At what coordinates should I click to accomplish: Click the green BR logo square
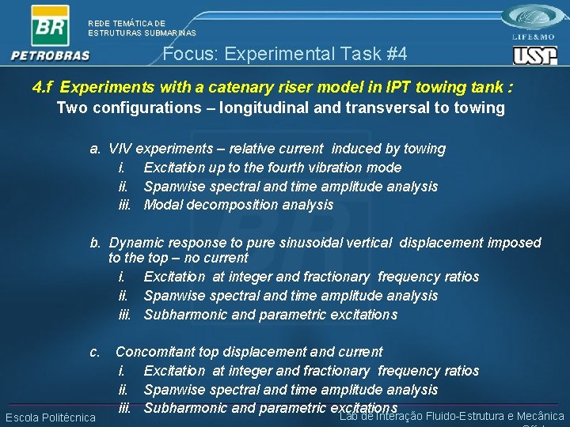coord(50,25)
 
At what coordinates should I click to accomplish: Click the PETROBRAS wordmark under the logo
coord(51,56)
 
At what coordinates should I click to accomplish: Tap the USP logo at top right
coord(534,55)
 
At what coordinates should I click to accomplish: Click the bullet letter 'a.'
coord(94,149)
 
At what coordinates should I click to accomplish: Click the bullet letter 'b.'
coord(94,243)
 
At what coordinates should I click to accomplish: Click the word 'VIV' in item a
coord(120,149)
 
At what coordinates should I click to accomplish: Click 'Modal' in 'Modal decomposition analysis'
coord(161,206)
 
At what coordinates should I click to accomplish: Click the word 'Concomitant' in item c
coord(154,352)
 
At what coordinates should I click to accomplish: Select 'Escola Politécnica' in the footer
coord(51,418)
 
